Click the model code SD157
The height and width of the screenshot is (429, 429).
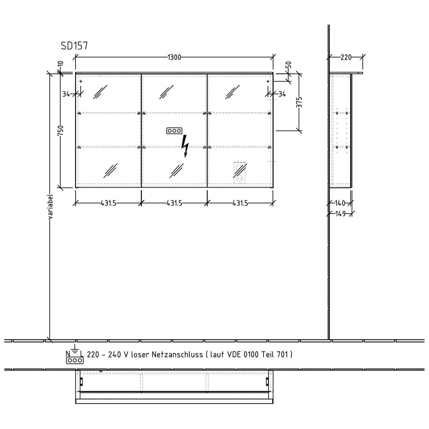(74, 46)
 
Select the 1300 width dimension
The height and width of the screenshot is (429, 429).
(174, 57)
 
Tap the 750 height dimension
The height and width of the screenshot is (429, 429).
(60, 130)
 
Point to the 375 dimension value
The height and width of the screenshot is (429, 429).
(299, 102)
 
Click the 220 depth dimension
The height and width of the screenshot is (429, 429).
(346, 57)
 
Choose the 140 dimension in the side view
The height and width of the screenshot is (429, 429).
(340, 203)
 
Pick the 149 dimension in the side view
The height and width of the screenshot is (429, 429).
(340, 214)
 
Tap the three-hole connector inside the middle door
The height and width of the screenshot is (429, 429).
(174, 131)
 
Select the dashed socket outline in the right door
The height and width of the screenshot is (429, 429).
(240, 173)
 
